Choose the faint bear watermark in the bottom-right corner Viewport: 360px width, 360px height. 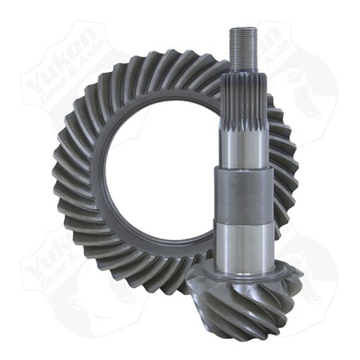[311, 282]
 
